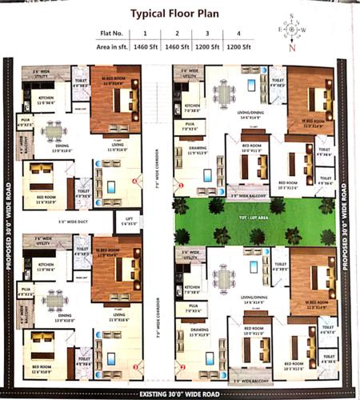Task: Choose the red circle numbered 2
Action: click(182, 367)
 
